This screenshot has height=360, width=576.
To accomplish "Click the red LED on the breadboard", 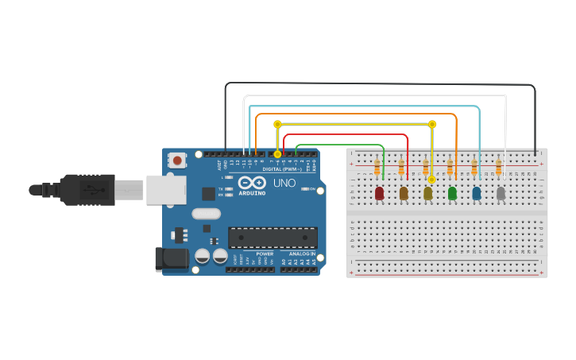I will (379, 193).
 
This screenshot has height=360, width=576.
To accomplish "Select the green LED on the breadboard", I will (453, 193).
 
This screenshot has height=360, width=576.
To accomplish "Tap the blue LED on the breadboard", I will (477, 193).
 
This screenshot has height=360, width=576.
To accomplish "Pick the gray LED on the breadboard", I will (501, 193).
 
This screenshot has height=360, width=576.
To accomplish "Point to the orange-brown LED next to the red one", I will (404, 193).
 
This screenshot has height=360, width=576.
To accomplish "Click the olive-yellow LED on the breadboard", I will (428, 193).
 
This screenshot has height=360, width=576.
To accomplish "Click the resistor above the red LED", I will (377, 167).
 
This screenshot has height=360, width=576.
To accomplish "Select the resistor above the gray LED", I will (498, 167).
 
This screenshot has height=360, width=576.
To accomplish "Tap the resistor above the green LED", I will (450, 167).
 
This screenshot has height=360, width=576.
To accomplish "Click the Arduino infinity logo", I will (251, 182).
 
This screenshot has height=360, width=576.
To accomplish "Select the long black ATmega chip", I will (273, 237).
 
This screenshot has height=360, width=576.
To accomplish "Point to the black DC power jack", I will (170, 257).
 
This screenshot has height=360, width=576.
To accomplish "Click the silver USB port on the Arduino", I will (164, 190).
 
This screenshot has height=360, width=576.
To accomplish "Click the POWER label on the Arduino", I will (265, 254).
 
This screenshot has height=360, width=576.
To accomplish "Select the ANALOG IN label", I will (301, 254).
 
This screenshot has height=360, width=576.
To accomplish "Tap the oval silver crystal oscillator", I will (206, 213).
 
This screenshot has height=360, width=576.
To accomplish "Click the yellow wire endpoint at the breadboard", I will (431, 180).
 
